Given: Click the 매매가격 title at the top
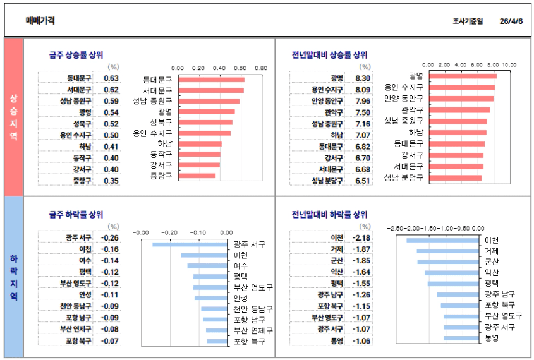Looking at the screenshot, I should [40, 20].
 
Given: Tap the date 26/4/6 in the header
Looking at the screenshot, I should [511, 21].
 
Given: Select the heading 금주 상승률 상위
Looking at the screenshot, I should [76, 55].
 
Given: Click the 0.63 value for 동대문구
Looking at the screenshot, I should [111, 78].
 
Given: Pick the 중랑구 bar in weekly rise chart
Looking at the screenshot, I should [198, 176].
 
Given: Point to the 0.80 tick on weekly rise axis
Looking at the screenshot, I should [261, 68].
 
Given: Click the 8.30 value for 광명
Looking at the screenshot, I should [363, 78].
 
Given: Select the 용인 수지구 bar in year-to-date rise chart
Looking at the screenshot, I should [461, 87].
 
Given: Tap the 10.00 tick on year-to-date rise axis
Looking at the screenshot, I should [509, 65].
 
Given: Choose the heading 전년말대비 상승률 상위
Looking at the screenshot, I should [329, 55].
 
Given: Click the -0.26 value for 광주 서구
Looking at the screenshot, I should [111, 238].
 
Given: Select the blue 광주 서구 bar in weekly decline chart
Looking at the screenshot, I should [190, 244].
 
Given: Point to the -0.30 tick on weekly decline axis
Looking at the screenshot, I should [141, 232].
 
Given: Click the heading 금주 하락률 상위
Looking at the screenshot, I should [76, 215].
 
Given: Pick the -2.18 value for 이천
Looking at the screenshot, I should [362, 238].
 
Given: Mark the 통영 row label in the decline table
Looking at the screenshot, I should [336, 341].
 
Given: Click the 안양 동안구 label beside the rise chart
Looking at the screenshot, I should [403, 99].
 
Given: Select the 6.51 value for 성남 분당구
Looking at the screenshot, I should [363, 181].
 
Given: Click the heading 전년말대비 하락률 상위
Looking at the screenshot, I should [329, 215].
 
